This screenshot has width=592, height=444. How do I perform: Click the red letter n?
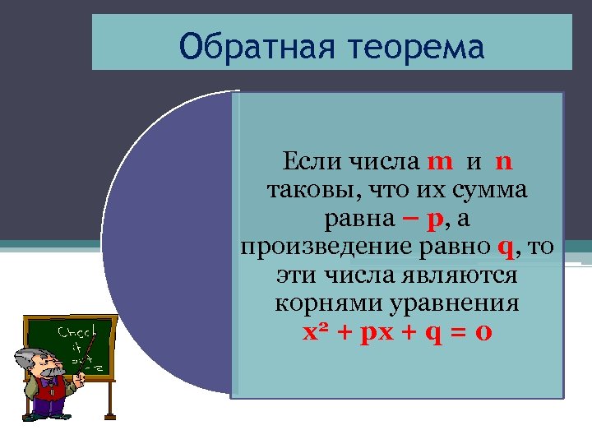[504, 160]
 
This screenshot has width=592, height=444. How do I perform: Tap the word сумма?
[487, 190]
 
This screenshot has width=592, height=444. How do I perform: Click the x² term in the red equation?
[316, 333]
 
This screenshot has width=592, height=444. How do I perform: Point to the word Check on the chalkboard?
[77, 333]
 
